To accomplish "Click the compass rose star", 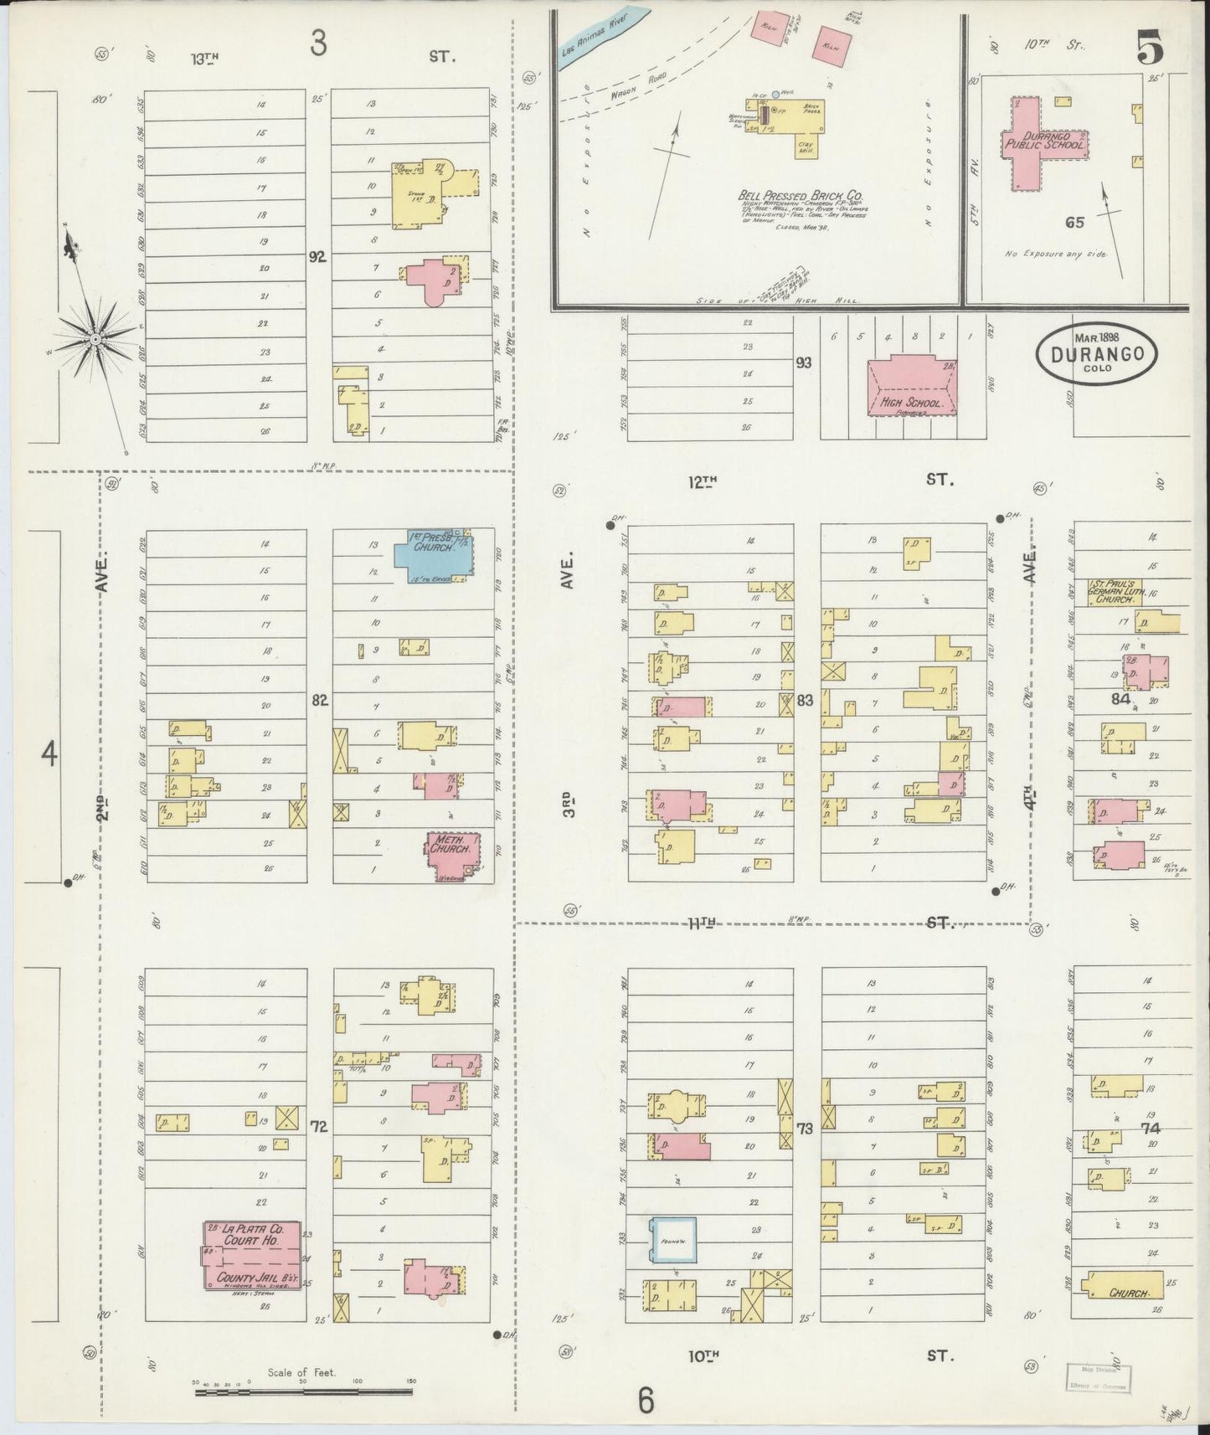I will coord(95,338).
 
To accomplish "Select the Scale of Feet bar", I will coord(303,1391).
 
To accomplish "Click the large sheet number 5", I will coord(1150,51).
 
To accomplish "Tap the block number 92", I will coord(317,257).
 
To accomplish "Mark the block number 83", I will coord(806,700).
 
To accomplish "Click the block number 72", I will coord(319,1125).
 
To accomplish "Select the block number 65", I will coord(1074,222).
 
